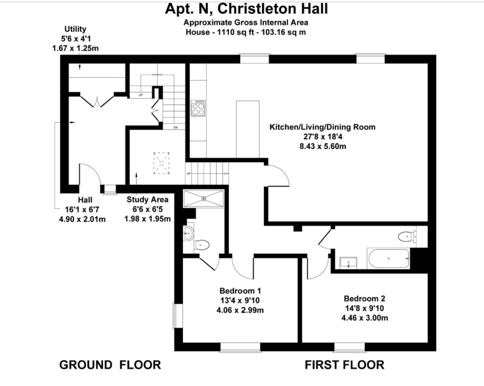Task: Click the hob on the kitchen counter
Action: point(198,108)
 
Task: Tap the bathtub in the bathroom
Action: point(388,258)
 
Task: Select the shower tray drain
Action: point(204,198)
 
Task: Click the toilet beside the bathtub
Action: point(407,237)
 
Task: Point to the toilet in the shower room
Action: point(202,245)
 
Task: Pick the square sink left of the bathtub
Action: point(348,263)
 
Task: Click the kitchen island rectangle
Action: point(248,129)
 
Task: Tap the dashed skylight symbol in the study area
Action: point(161,163)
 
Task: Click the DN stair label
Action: point(175,128)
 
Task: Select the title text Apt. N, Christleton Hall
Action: point(246,9)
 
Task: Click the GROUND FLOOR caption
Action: point(110,365)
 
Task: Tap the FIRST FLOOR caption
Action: point(344,365)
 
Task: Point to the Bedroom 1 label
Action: point(240,291)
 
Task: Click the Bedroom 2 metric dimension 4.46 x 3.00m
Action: point(365,318)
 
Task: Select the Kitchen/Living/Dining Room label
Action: point(323,127)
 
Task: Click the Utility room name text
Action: point(75,29)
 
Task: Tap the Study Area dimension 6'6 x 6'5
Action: point(148,209)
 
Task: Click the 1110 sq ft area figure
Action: point(235,32)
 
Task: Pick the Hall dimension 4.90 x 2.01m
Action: point(82,219)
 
